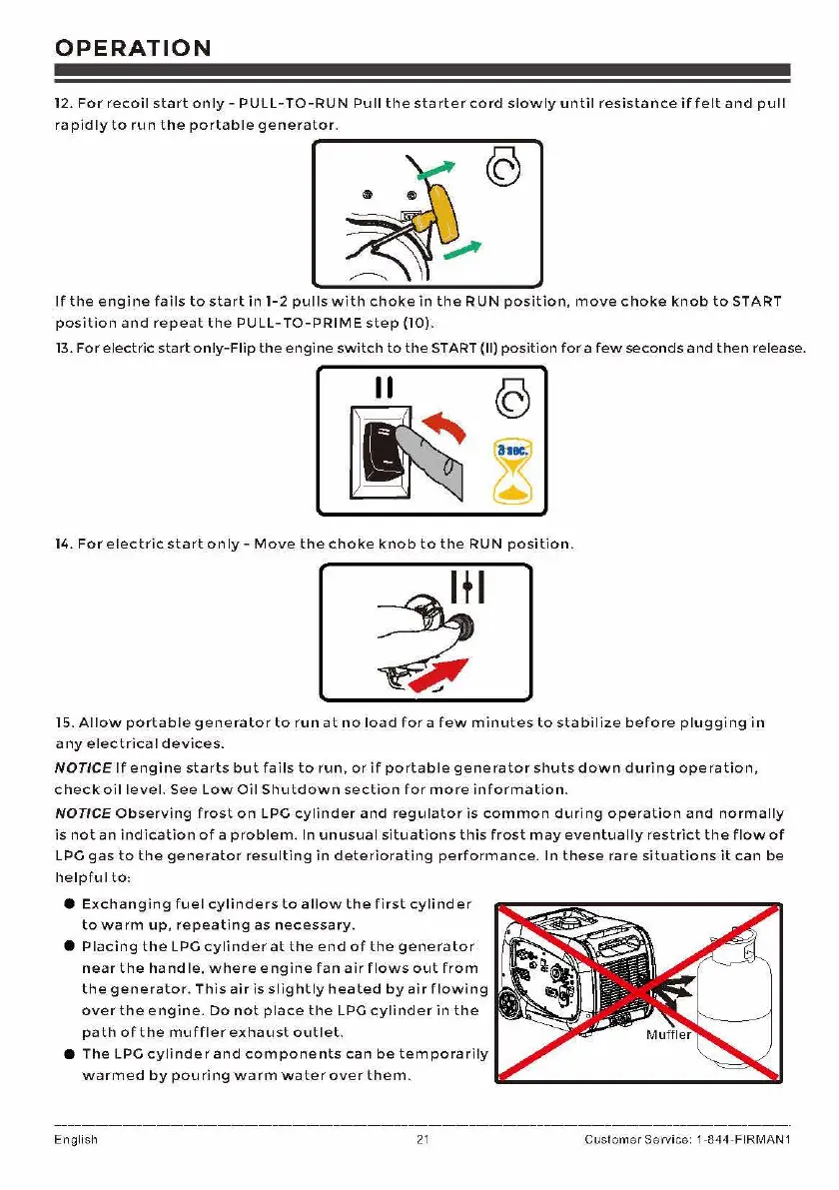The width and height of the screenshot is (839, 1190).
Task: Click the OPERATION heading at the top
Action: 133,48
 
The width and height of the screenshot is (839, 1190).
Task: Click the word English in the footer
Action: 76,1140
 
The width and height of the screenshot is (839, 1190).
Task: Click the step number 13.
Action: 63,348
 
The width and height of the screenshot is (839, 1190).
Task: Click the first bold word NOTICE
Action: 82,768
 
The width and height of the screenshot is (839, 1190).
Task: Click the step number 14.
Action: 64,545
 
